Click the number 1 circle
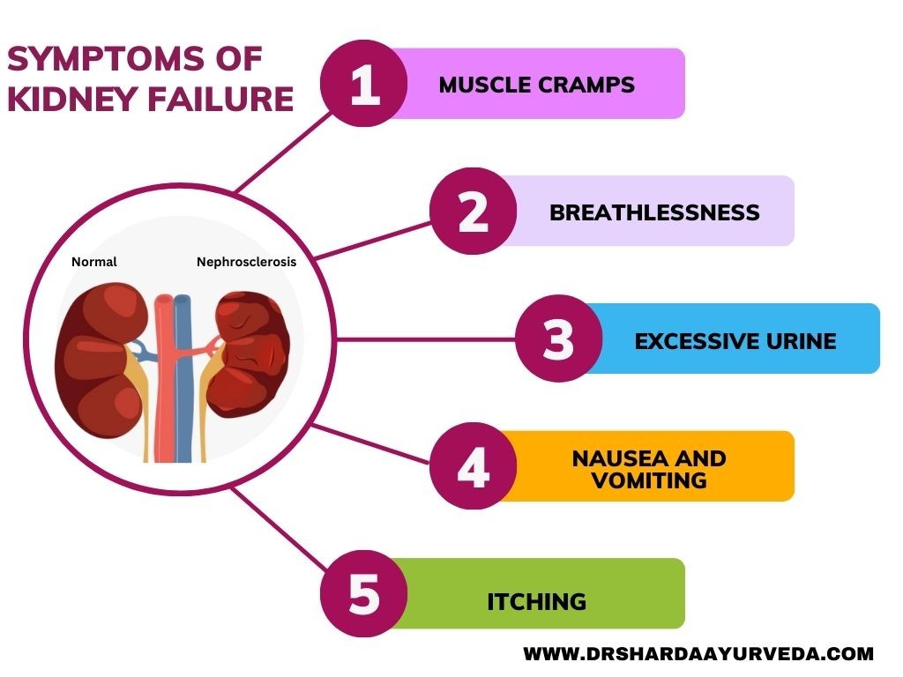[x=364, y=84]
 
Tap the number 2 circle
[x=474, y=212]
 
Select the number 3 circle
[x=558, y=338]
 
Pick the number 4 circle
[x=474, y=465]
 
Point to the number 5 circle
[x=364, y=593]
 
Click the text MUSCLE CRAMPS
[x=537, y=86]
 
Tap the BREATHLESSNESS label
[x=655, y=213]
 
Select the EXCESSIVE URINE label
[x=735, y=341]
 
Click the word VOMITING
[x=650, y=480]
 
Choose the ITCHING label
[x=537, y=602]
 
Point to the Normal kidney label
[x=93, y=262]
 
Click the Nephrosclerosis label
[x=247, y=262]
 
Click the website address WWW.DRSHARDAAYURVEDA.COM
[x=698, y=654]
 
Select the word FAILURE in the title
[x=220, y=99]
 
